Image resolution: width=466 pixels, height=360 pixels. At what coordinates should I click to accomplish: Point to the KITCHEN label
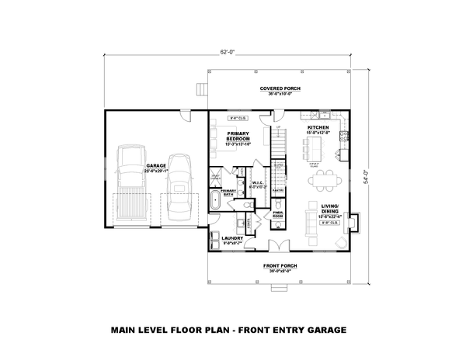318,127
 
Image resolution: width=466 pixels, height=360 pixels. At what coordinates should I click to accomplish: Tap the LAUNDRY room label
233,239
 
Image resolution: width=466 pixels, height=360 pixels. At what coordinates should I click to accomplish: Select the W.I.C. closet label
259,184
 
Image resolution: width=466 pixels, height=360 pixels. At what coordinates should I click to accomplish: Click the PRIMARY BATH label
228,191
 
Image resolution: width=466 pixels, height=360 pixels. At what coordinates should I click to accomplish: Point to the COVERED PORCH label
280,89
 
